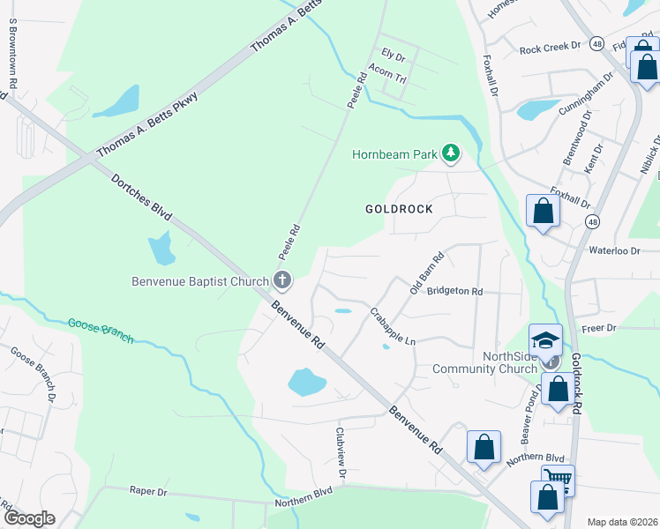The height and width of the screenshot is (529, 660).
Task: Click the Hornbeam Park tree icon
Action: (x=451, y=154)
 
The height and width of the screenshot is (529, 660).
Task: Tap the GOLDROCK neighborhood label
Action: (x=400, y=209)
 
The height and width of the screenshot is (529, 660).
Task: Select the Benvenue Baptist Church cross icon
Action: (x=282, y=282)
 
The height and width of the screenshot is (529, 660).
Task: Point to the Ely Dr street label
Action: (x=392, y=57)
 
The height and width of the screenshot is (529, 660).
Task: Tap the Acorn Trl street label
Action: (x=386, y=75)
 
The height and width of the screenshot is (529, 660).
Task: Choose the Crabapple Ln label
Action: (x=393, y=327)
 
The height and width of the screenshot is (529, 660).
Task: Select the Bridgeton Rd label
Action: (x=454, y=291)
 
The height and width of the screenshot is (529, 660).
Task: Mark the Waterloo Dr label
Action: (x=613, y=251)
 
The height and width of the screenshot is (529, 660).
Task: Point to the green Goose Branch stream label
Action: (x=100, y=331)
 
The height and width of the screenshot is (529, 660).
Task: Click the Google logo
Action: (x=29, y=518)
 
